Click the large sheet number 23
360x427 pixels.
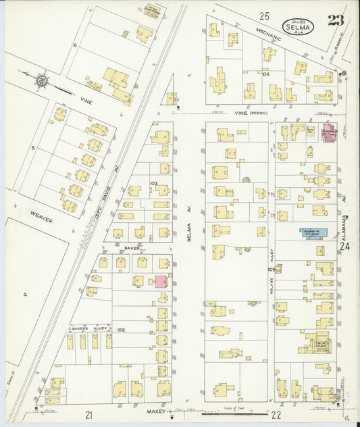click(336, 20)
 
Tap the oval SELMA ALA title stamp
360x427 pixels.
click(298, 27)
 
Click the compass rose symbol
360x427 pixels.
click(42, 80)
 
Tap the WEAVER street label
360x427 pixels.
click(41, 220)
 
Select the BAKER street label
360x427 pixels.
click(131, 248)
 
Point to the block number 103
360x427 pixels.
click(154, 183)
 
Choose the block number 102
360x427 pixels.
click(120, 330)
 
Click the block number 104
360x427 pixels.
click(265, 74)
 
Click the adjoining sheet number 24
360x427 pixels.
click(346, 247)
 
